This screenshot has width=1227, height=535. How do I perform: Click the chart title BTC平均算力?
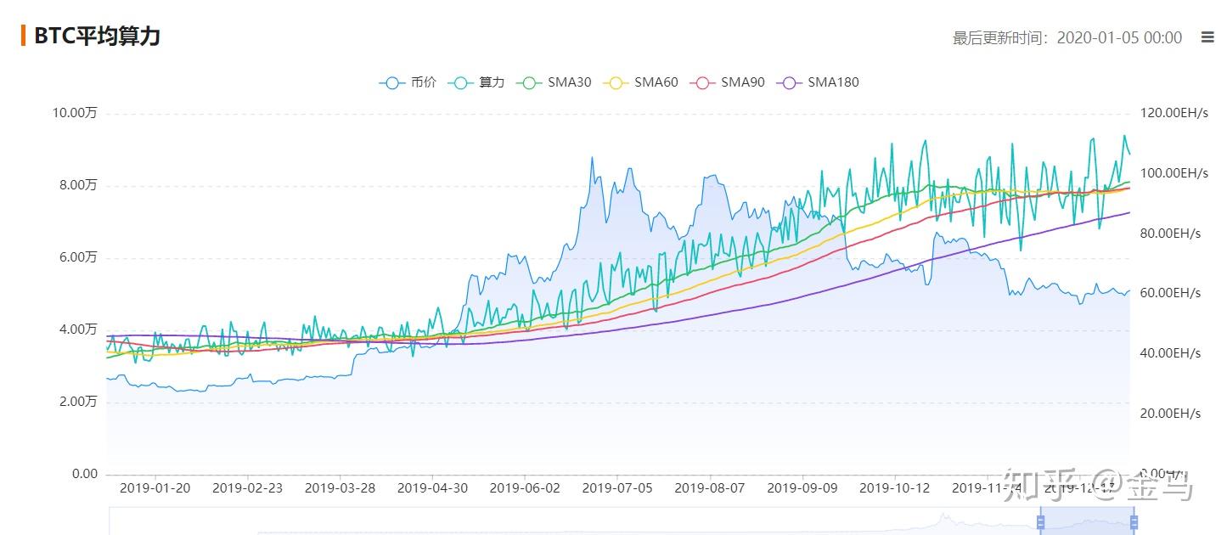97,36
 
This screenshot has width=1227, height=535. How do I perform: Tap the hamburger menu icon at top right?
1207,37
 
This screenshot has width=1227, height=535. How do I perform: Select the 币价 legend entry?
408,82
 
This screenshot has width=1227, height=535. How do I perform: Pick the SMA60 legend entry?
643,82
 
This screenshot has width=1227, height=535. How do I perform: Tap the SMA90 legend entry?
729,82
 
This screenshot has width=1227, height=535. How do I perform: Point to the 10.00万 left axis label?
76,113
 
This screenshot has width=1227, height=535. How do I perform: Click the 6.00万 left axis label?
78,257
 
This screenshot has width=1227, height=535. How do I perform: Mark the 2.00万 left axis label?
78,402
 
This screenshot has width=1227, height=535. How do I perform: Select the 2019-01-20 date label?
155,488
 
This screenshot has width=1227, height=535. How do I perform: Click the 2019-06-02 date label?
525,488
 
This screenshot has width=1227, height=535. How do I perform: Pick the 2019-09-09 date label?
802,488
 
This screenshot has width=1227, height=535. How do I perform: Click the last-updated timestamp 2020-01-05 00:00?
1118,37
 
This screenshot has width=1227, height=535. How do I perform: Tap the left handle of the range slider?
1040,521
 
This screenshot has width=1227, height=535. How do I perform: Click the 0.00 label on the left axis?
84,474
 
